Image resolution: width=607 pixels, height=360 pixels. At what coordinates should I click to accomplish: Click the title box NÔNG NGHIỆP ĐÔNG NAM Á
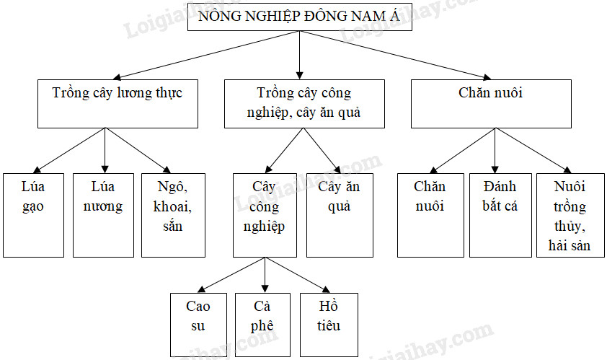coord(300,17)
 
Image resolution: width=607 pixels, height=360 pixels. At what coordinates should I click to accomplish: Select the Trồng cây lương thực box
coord(118,104)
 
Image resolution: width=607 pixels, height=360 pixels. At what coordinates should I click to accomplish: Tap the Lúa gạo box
coord(33,215)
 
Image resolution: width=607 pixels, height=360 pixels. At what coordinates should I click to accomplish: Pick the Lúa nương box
coord(103,215)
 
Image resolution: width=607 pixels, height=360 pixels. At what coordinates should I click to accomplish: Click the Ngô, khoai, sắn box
coord(173,215)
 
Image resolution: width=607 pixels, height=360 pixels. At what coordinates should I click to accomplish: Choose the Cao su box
coord(198,325)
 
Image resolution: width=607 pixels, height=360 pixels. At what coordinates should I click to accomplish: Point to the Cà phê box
coord(262,325)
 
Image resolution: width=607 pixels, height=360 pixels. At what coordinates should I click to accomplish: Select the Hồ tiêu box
coord(329,325)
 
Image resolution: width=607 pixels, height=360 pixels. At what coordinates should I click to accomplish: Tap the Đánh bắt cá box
coord(500,215)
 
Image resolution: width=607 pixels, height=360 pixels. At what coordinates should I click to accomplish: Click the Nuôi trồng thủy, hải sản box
coord(570,215)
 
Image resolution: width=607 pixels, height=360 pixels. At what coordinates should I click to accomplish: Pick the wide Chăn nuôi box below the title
coord(491,104)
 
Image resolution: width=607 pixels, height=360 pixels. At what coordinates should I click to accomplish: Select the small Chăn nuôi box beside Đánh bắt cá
coord(430,215)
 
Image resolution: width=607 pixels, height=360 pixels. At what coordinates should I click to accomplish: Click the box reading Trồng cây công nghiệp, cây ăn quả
coord(304,104)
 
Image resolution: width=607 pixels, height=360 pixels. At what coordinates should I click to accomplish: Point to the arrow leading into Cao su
coord(231,275)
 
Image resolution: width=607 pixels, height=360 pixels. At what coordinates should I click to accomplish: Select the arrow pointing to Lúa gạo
coord(69,150)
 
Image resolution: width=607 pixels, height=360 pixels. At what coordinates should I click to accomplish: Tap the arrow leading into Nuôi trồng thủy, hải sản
coord(533,150)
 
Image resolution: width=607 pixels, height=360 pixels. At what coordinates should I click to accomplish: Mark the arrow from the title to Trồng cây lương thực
coord(206,55)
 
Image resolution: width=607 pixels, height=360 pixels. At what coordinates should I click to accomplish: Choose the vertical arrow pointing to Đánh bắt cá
coord(495,150)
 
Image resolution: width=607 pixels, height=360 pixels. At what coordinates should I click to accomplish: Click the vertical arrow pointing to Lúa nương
coord(105,150)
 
